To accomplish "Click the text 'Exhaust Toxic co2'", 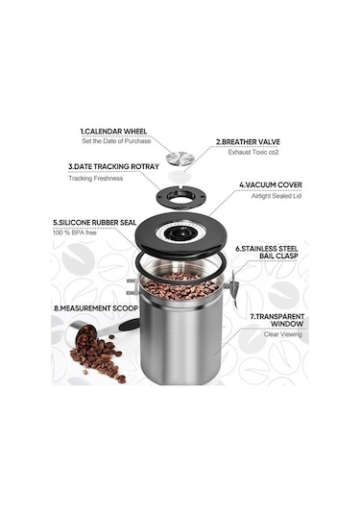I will [x=257, y=152].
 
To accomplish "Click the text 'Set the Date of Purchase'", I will [x=115, y=141].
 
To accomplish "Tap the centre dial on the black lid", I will [x=179, y=233].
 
